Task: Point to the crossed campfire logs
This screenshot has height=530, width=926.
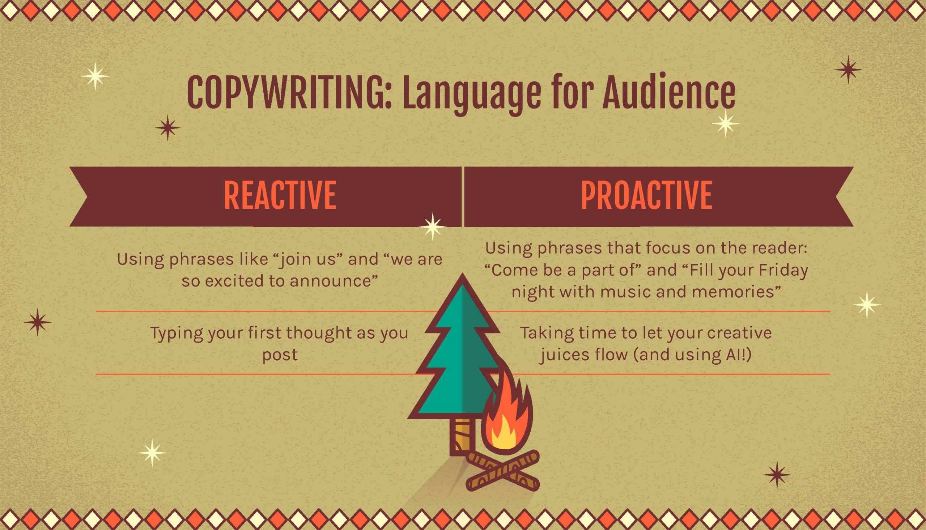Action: point(502,471)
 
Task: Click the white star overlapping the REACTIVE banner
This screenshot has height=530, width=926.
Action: point(433,227)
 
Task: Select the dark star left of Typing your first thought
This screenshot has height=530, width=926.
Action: point(38,322)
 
